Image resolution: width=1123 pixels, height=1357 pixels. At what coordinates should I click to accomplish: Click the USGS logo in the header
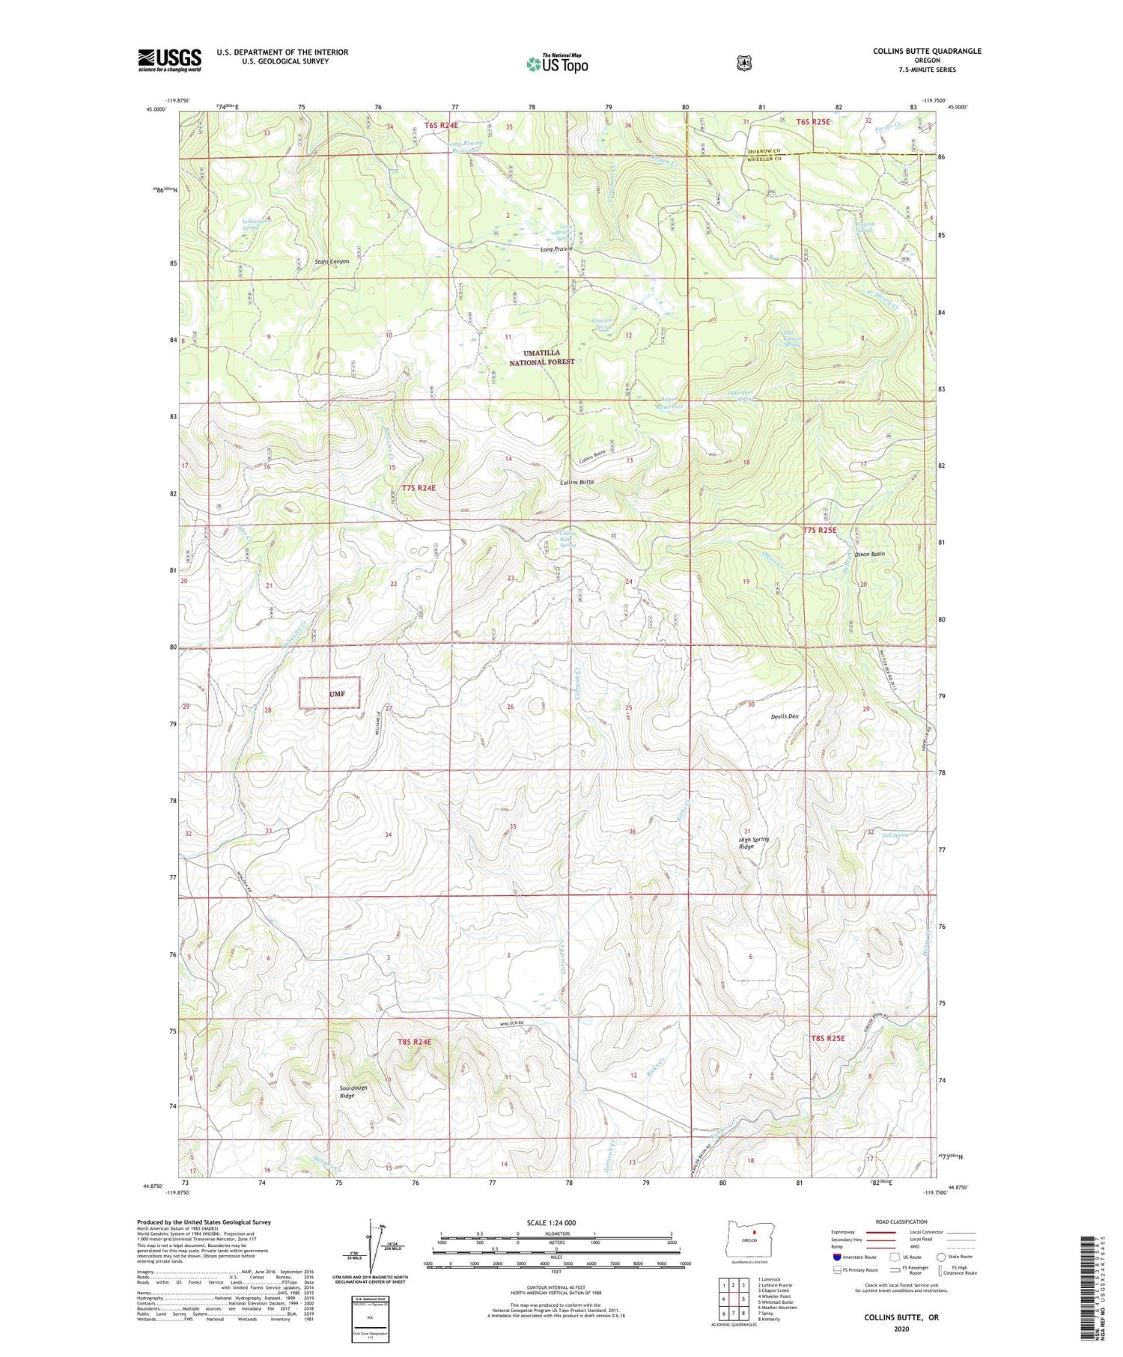coord(169,60)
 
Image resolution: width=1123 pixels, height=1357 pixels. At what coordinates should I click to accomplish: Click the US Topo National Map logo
coord(557,63)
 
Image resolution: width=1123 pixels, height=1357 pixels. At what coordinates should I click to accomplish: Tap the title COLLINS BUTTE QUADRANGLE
coord(926,51)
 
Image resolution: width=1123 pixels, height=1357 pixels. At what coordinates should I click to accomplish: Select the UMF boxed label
coord(330,693)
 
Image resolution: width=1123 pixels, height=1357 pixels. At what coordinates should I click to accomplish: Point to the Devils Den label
coord(785,716)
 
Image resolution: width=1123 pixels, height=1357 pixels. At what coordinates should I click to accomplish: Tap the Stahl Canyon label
coord(332,262)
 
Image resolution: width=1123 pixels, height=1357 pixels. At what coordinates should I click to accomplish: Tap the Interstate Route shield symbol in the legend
coord(837,1257)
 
